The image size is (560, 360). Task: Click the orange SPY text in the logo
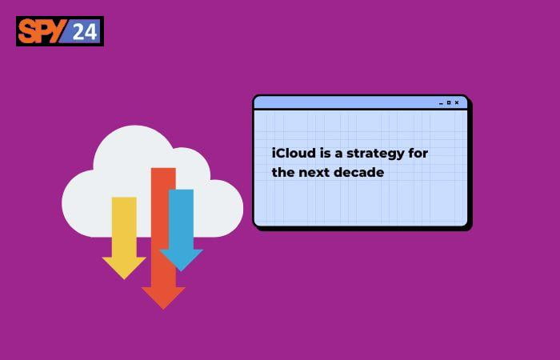click(x=42, y=31)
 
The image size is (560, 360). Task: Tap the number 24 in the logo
click(x=85, y=31)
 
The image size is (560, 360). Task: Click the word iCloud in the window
click(x=294, y=154)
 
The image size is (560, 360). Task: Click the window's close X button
click(x=457, y=103)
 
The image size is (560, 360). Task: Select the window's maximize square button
click(x=449, y=103)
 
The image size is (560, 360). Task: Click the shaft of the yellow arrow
click(x=124, y=226)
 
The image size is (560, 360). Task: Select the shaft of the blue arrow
click(x=181, y=219)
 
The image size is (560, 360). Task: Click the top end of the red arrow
click(x=163, y=168)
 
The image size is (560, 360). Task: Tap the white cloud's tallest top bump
click(x=134, y=126)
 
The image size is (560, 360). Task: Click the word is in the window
click(x=326, y=154)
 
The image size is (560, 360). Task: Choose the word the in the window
click(x=283, y=172)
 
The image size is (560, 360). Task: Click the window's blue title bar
click(x=360, y=103)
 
